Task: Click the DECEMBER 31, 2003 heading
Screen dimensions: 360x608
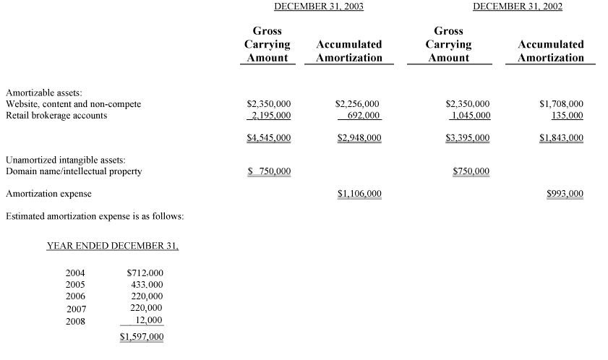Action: pyautogui.click(x=319, y=7)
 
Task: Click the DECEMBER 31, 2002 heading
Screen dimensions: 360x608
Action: pyautogui.click(x=518, y=7)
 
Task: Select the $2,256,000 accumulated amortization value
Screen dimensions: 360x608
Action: pyautogui.click(x=358, y=104)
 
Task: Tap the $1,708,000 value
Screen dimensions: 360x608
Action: pyautogui.click(x=561, y=104)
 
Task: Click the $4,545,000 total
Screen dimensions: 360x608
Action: pyautogui.click(x=269, y=137)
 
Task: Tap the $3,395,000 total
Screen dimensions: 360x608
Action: pyautogui.click(x=468, y=137)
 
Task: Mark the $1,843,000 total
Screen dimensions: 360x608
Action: pyautogui.click(x=561, y=137)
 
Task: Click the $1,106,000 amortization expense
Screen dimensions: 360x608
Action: pyautogui.click(x=359, y=194)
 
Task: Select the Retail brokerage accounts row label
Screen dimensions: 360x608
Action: pyautogui.click(x=56, y=116)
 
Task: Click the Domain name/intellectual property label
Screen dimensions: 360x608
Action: pyautogui.click(x=74, y=172)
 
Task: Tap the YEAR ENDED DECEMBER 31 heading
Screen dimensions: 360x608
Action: pyautogui.click(x=112, y=246)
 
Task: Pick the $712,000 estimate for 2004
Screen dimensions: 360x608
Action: pyautogui.click(x=145, y=273)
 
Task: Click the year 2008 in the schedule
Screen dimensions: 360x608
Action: pyautogui.click(x=76, y=321)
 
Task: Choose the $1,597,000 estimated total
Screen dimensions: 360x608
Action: pyautogui.click(x=142, y=337)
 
